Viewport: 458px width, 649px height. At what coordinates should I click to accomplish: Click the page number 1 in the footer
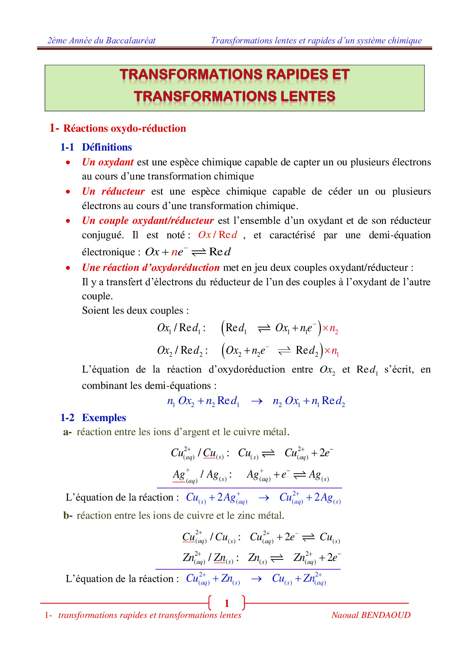(227, 603)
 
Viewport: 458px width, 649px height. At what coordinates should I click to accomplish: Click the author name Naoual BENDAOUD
(371, 615)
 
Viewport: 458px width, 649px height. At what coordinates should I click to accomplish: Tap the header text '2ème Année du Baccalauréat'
(102, 41)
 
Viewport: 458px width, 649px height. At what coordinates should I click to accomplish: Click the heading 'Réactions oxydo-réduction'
(124, 128)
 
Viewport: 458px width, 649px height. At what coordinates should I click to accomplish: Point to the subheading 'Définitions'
(107, 147)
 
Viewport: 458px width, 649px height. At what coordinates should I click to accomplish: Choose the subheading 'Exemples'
(104, 418)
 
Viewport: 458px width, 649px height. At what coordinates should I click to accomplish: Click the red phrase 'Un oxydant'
(107, 162)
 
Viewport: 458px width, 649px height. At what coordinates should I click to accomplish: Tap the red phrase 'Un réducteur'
(113, 191)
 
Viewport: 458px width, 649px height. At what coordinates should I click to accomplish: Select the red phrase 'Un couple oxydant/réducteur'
(148, 221)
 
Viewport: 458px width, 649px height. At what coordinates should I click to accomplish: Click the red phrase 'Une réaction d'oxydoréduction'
(151, 268)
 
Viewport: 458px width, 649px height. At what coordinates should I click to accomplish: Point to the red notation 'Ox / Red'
(218, 235)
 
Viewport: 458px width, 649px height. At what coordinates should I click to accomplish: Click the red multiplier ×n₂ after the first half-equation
(330, 329)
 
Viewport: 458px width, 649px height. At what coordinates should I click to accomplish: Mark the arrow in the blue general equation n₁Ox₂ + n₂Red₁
(257, 401)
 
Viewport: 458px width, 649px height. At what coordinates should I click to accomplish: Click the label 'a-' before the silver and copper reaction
(67, 432)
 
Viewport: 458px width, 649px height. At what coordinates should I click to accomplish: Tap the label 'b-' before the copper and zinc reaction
(68, 516)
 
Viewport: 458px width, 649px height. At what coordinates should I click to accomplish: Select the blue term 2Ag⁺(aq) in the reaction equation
(232, 498)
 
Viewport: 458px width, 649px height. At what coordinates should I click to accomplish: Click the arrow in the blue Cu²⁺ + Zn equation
(256, 579)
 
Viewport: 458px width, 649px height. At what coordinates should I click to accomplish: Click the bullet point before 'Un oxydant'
(68, 162)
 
